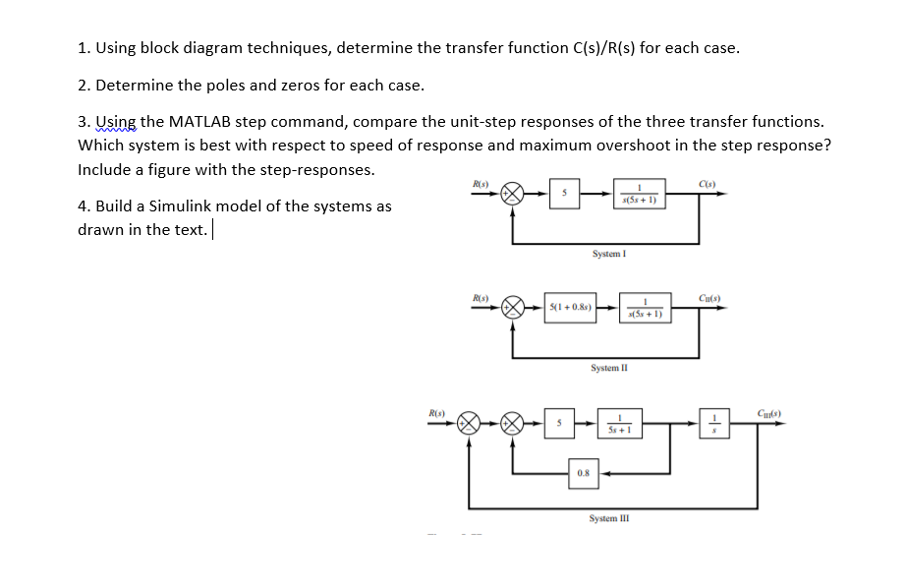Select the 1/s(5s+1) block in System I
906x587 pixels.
(640, 194)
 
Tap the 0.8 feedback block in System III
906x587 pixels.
(584, 473)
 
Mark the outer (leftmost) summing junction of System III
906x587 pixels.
(469, 425)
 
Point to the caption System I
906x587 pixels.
(609, 254)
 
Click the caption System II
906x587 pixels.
(609, 368)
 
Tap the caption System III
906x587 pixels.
(609, 518)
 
